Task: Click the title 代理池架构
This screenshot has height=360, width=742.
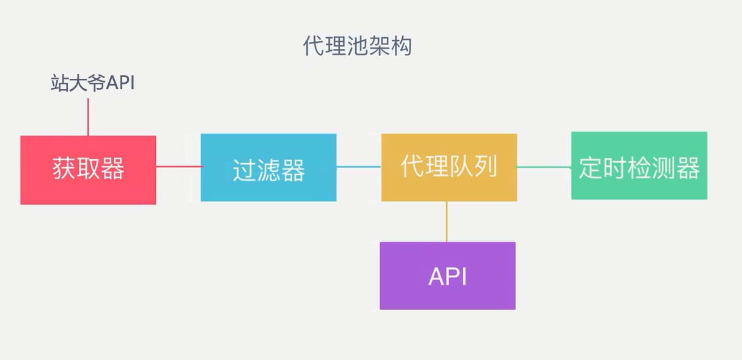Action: pos(357,46)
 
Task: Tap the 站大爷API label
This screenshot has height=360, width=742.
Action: pos(92,83)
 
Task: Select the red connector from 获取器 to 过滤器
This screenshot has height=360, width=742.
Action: pos(178,166)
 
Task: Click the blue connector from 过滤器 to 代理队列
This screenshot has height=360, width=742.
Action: pos(359,166)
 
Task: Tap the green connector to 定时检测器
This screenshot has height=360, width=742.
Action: pos(544,166)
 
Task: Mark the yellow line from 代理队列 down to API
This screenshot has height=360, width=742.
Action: pos(447,221)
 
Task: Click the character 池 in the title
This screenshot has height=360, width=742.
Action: pos(357,46)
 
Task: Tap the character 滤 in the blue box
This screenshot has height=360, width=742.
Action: pos(268,171)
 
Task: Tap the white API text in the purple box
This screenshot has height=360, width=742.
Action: pos(447,276)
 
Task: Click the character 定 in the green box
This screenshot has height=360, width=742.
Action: pos(590,167)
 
